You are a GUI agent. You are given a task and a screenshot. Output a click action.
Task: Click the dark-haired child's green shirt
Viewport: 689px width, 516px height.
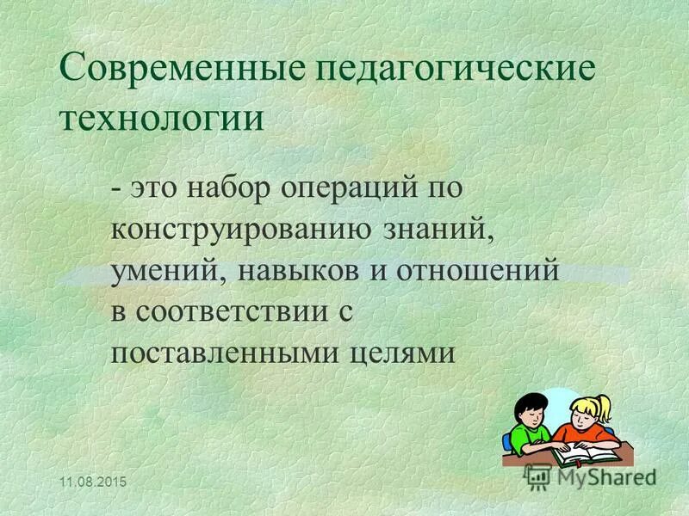(x=522, y=439)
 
